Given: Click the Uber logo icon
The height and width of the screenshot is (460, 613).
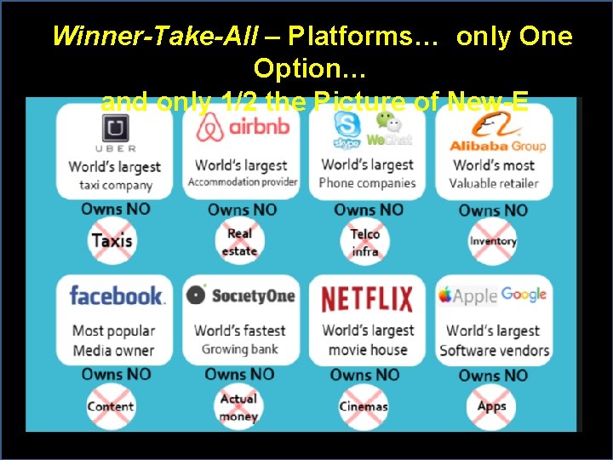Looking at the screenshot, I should (x=116, y=129).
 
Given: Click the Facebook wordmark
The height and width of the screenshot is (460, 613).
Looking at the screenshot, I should (x=116, y=296).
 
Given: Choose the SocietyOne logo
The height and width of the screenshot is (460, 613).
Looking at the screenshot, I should (x=242, y=295).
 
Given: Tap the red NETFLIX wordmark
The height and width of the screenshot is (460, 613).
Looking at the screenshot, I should (x=367, y=299).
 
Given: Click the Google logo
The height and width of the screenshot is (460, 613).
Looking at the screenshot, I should (x=524, y=294).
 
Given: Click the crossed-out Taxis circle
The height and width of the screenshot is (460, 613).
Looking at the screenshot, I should (x=112, y=241).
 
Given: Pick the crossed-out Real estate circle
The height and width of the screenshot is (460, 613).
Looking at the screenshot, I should (x=239, y=242).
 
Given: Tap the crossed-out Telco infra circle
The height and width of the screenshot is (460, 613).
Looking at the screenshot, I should (x=365, y=242).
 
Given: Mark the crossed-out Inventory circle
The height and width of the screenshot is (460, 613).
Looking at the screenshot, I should (x=493, y=241).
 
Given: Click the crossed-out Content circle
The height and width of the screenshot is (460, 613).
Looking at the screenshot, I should (x=111, y=406).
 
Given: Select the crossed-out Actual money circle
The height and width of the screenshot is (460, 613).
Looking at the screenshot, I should (x=238, y=407).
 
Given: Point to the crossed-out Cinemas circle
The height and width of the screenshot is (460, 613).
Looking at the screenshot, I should (x=364, y=406).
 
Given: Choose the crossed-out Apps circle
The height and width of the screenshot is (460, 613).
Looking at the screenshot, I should (x=492, y=406).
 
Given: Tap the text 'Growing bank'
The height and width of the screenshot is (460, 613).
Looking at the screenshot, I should (x=240, y=349).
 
